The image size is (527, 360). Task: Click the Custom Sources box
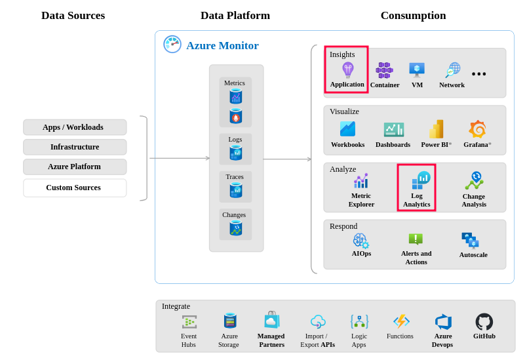74,188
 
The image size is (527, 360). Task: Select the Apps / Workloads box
74,127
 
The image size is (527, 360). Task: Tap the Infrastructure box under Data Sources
74,147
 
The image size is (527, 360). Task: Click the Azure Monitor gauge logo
172,45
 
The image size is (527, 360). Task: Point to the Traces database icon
236,190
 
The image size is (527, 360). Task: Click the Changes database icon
236,228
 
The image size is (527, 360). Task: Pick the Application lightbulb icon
347,70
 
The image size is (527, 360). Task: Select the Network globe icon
452,70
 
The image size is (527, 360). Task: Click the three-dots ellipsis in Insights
479,74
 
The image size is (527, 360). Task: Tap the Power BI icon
437,129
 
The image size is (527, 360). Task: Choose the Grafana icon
477,129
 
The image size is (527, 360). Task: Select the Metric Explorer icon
361,181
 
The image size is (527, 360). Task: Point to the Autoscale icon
471,241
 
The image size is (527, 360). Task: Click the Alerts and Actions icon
416,239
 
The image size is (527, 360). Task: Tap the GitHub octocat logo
484,322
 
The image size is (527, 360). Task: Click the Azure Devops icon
443,322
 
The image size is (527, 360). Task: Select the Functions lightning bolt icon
401,321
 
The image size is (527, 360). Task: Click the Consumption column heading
413,16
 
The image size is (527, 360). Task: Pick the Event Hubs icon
189,322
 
